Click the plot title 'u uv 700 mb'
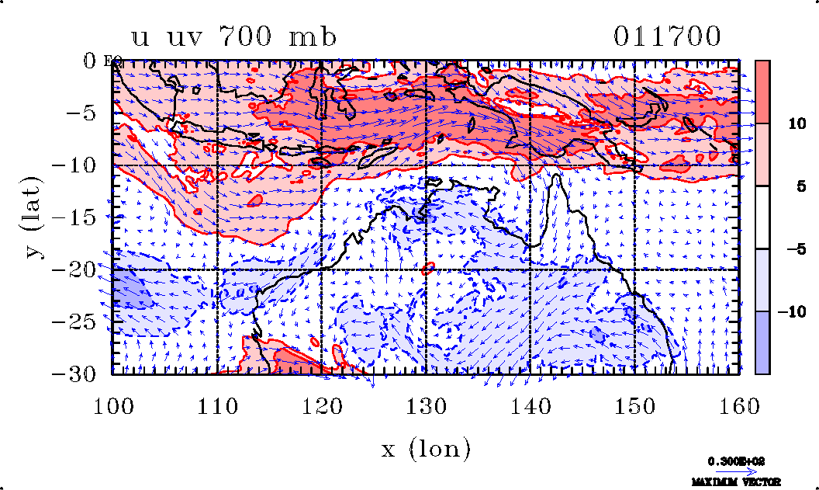tap(233, 36)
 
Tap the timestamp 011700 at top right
tap(668, 36)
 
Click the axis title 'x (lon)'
tap(426, 448)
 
